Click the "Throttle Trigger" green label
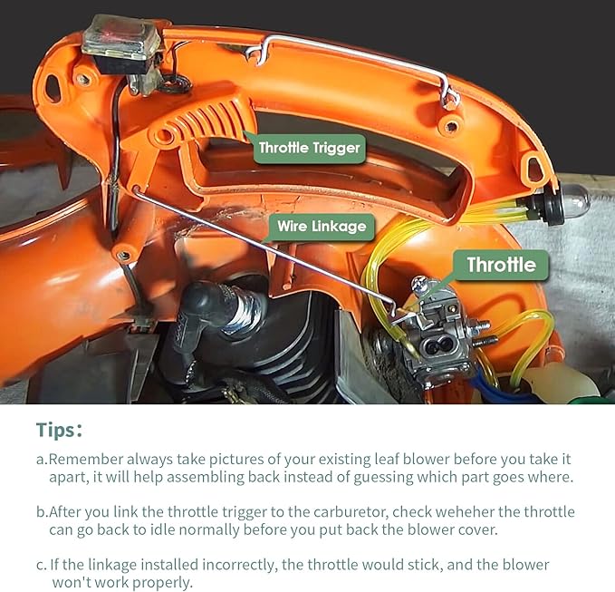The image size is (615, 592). coord(310,149)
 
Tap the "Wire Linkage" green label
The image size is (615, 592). coord(322,227)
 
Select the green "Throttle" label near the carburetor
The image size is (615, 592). coord(501,265)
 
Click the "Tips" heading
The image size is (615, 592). coord(59,430)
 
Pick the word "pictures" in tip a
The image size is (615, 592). coord(236,460)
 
